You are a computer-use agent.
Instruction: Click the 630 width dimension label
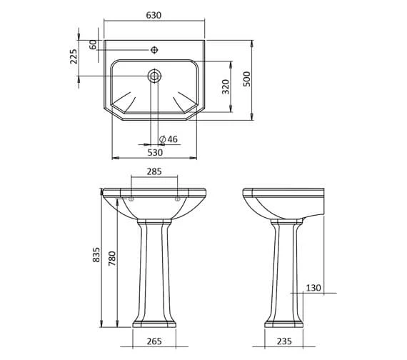154,15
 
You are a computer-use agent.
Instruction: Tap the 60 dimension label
93,45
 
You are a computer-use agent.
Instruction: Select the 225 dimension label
74,56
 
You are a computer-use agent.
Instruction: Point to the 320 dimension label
226,86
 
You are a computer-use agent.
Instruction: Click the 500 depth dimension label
246,79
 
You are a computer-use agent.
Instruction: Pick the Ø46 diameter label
169,139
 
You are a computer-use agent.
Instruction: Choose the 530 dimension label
155,152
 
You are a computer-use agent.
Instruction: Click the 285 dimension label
154,171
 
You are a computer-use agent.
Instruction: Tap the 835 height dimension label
96,254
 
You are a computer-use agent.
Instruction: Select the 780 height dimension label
112,258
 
